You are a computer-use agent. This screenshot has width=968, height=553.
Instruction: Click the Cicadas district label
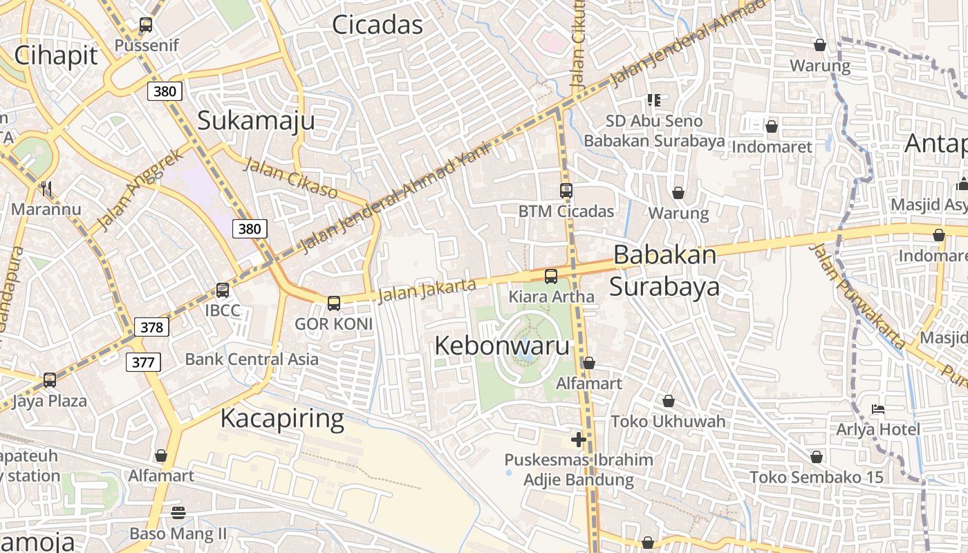click(377, 25)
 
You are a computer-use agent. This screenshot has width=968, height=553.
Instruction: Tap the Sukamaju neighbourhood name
click(256, 120)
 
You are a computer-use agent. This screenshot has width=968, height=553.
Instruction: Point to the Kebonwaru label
click(502, 346)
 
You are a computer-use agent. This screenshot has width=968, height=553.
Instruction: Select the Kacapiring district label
click(282, 419)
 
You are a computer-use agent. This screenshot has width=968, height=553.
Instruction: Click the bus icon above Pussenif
click(146, 25)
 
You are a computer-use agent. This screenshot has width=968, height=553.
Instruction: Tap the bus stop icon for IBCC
click(223, 290)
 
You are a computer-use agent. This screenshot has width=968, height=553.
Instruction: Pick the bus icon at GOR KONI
click(334, 303)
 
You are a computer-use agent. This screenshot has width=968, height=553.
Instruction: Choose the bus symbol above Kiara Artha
click(551, 276)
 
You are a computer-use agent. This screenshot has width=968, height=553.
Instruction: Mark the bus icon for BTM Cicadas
click(566, 191)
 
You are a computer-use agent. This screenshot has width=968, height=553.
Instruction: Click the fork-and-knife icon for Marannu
click(46, 188)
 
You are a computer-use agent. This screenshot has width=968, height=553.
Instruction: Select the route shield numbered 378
click(151, 327)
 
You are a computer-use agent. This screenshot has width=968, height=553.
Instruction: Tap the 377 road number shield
click(144, 362)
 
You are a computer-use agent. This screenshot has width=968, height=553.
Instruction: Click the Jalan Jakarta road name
click(427, 290)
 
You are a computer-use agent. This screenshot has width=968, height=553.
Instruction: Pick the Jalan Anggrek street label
click(141, 189)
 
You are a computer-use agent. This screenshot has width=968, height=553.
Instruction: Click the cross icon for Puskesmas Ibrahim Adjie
click(579, 440)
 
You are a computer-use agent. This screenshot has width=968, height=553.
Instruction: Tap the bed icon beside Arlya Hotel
click(878, 409)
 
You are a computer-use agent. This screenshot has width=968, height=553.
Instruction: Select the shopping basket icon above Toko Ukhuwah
click(669, 401)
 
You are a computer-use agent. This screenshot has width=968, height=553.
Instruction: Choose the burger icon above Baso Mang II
click(178, 512)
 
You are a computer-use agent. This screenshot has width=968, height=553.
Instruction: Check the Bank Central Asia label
click(252, 359)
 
